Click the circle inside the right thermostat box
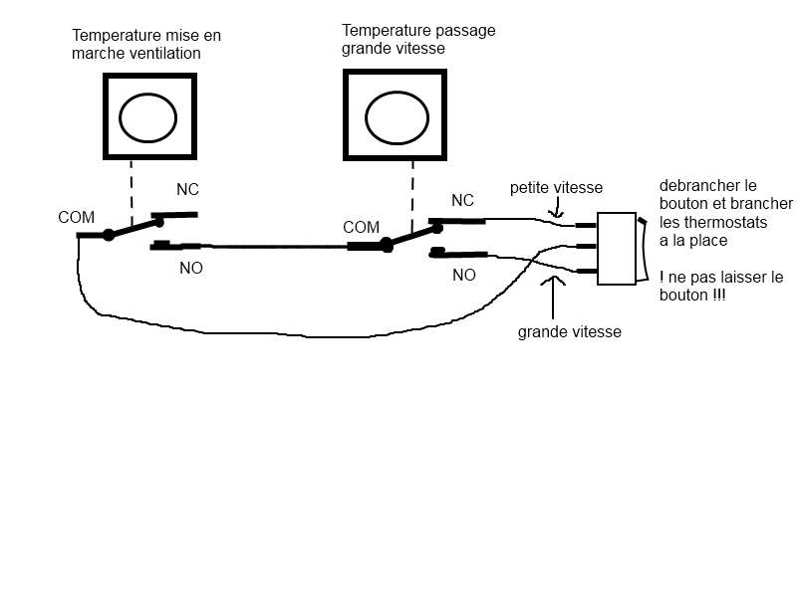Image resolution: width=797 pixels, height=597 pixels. [x=396, y=119]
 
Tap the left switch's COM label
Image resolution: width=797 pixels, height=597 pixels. [x=76, y=217]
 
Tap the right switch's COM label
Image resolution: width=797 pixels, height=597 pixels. [x=361, y=227]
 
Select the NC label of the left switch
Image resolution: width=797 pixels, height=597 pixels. [x=187, y=190]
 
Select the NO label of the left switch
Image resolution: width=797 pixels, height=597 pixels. [x=190, y=268]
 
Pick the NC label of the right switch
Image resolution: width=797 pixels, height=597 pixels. [x=462, y=201]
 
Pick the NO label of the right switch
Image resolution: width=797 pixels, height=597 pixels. [x=463, y=276]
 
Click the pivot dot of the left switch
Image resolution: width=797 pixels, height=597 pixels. [x=109, y=235]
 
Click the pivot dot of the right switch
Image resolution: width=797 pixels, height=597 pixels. [x=386, y=242]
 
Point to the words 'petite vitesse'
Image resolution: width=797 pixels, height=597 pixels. [x=556, y=187]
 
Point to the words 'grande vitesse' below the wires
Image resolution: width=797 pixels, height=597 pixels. [x=569, y=332]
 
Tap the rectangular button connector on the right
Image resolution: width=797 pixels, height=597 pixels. [x=616, y=249]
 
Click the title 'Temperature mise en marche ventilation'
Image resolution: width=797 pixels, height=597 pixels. [x=145, y=44]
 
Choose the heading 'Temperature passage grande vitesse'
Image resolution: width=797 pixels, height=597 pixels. [x=417, y=39]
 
